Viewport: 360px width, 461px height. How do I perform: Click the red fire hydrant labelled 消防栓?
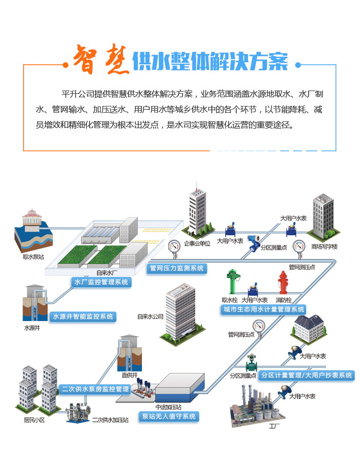[283, 283]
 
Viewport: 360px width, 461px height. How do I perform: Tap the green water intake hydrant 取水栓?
[233, 281]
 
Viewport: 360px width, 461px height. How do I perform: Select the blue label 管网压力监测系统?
[177, 268]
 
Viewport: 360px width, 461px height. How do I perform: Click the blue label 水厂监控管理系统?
[101, 282]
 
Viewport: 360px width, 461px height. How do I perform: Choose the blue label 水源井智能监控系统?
[83, 316]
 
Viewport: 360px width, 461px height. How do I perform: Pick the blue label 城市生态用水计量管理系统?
[264, 309]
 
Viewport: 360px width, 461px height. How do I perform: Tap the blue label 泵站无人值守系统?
[169, 416]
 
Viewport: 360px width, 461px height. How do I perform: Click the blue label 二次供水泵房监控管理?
[95, 389]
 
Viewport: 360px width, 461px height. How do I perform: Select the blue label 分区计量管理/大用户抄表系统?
[307, 375]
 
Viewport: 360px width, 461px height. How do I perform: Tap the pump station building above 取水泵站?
[32, 221]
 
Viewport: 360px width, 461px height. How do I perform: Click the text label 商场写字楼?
[325, 246]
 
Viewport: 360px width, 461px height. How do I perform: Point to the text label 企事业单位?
[197, 243]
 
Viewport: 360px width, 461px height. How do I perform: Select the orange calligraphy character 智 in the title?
[85, 60]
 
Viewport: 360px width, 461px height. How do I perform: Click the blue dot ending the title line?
[298, 65]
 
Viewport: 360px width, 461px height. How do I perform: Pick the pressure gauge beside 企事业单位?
[174, 249]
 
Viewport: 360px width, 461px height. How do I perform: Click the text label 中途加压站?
[168, 407]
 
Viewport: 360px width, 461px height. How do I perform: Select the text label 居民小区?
[34, 420]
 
